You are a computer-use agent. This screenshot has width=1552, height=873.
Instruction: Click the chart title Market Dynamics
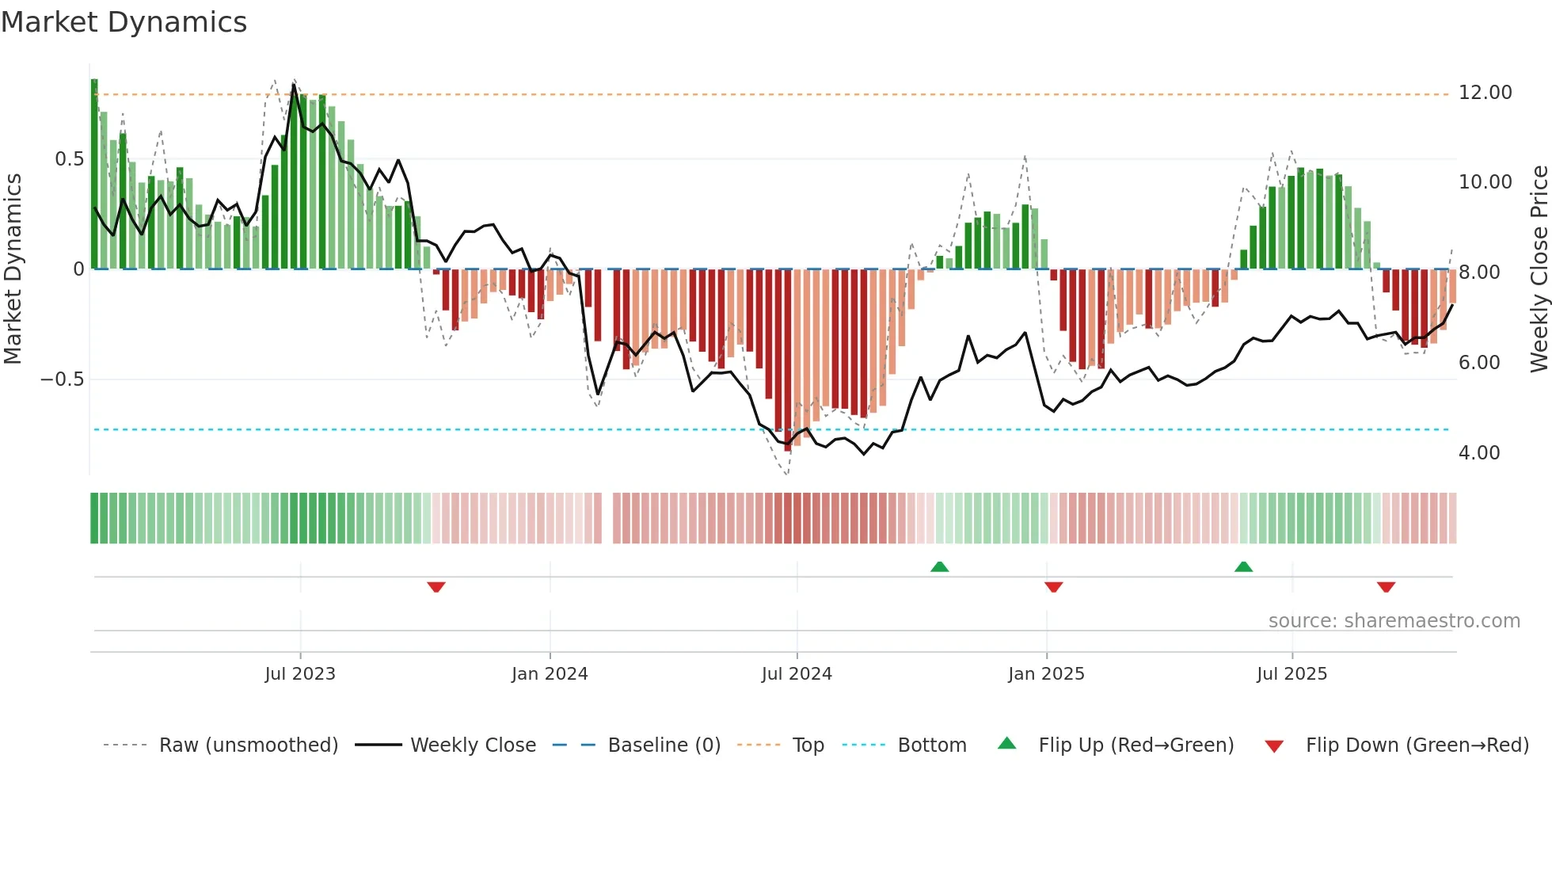[x=124, y=22]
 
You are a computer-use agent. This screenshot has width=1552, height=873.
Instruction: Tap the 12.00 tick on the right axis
[x=1485, y=93]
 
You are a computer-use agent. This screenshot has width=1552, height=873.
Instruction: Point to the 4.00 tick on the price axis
[x=1478, y=453]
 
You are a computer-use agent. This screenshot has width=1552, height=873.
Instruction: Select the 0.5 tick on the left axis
[x=69, y=159]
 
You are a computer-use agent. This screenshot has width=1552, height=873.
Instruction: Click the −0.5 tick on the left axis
[x=62, y=379]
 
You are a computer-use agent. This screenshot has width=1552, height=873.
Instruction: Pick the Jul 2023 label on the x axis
[x=300, y=674]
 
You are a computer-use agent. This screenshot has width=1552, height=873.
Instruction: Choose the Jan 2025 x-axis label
[x=1046, y=674]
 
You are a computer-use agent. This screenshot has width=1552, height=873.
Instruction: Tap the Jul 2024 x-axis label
[x=797, y=674]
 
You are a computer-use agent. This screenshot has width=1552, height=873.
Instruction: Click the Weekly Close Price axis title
[x=1539, y=269]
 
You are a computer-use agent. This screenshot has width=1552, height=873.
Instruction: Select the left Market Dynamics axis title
[x=13, y=269]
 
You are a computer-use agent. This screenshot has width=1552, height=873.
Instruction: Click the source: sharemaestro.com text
[x=1394, y=621]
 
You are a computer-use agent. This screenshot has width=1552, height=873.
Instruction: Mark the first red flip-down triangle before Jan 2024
[x=436, y=587]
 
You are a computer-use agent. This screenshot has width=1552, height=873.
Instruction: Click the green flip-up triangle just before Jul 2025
[x=1243, y=566]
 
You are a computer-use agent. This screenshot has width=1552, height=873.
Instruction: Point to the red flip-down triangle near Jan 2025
[x=1053, y=587]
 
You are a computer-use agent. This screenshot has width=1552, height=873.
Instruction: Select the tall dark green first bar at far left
[x=94, y=174]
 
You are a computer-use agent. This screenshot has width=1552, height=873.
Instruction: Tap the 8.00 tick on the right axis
[x=1478, y=273]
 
